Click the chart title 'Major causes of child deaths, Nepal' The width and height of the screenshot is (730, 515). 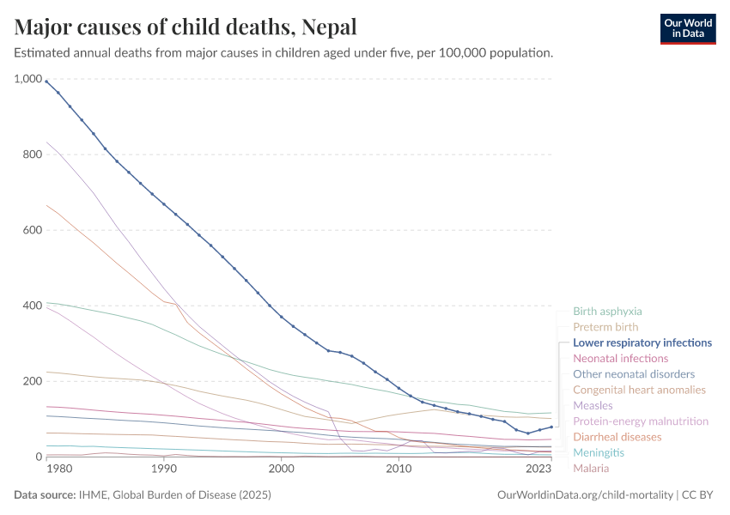[186, 27]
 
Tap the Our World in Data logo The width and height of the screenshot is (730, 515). [687, 28]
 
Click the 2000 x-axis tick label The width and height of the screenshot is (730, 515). [281, 469]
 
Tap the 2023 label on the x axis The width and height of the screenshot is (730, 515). [538, 469]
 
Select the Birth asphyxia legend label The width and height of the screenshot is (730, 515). [607, 312]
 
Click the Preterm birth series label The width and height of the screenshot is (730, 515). [605, 327]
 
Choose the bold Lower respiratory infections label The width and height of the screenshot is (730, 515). [642, 342]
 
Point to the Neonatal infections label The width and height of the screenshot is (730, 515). [620, 358]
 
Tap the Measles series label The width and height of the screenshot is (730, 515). [593, 405]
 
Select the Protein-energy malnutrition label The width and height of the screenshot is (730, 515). [641, 421]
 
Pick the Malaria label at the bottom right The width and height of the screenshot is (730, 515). [591, 468]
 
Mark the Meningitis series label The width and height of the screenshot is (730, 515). [599, 452]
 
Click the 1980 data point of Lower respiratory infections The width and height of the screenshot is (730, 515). [46, 82]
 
